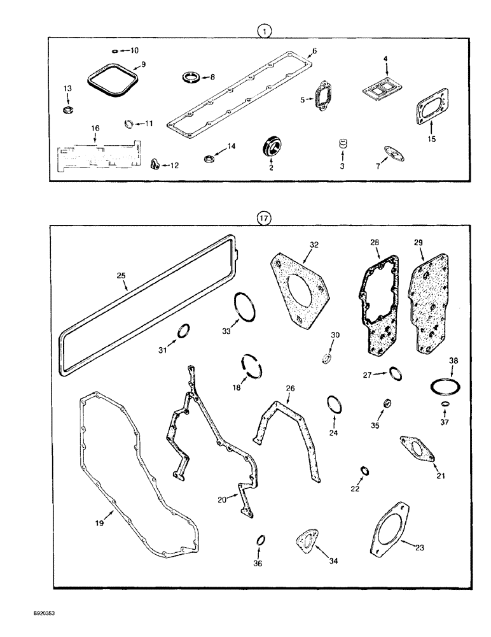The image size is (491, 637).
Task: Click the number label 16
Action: [95, 128]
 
